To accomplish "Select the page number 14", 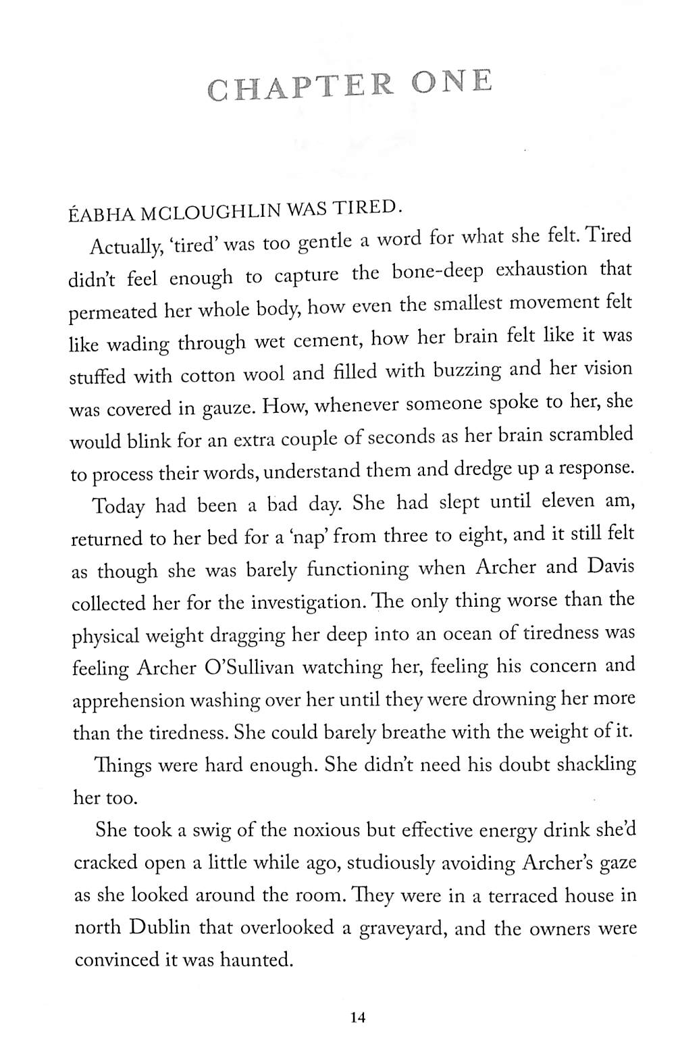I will coord(357,1017).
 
